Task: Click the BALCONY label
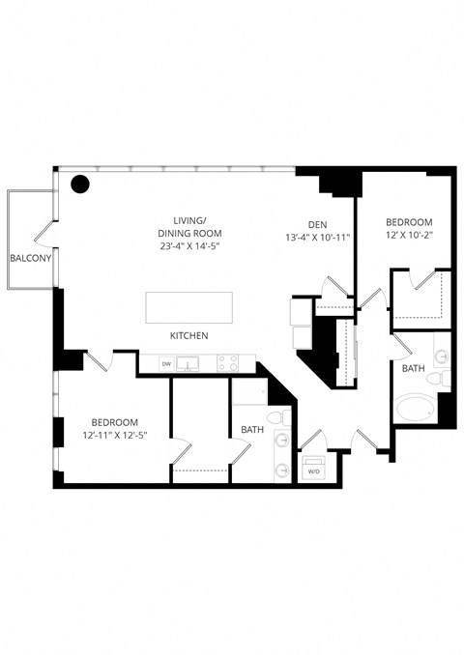coord(31,258)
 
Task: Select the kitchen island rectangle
coord(189,308)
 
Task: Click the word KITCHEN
coord(189,336)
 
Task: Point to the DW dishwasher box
coord(166,364)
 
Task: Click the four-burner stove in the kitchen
coord(227,364)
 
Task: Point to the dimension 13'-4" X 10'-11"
coord(317,237)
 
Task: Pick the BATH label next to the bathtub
coord(414,369)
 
